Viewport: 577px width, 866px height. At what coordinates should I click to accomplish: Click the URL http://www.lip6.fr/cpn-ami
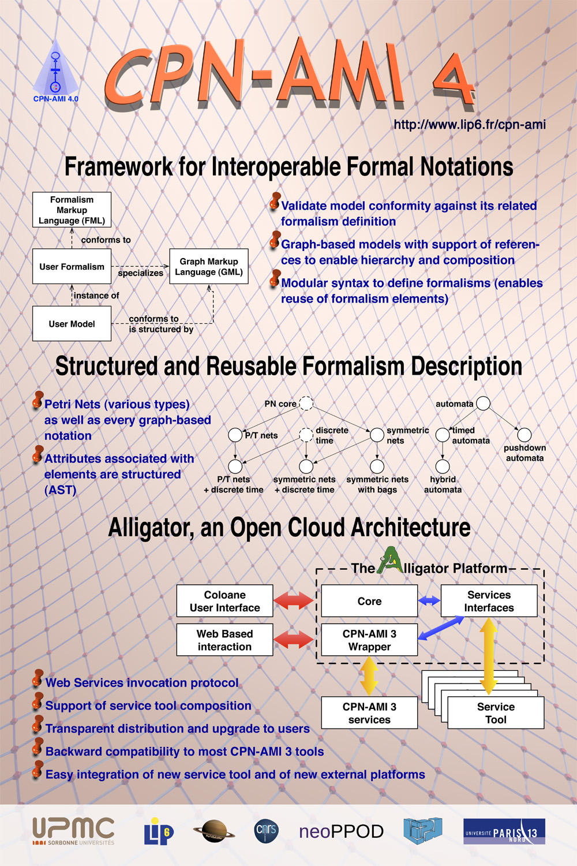pyautogui.click(x=470, y=125)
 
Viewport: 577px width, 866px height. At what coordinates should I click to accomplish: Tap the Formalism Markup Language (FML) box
pyautogui.click(x=72, y=210)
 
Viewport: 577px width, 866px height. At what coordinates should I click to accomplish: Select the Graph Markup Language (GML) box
pyautogui.click(x=209, y=267)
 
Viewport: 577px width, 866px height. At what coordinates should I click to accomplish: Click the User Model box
pyautogui.click(x=72, y=324)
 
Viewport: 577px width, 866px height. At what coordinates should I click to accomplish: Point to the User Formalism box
pyautogui.click(x=72, y=267)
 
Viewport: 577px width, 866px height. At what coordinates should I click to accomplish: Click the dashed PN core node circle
pyautogui.click(x=306, y=403)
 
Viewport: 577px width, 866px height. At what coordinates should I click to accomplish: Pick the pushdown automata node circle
pyautogui.click(x=524, y=435)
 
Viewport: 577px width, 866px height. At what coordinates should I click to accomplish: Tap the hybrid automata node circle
pyautogui.click(x=443, y=466)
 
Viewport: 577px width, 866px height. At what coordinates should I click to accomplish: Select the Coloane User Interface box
pyautogui.click(x=224, y=601)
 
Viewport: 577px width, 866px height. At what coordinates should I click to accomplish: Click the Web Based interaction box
pyautogui.click(x=224, y=640)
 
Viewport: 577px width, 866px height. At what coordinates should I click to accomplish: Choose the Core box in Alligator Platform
pyautogui.click(x=369, y=601)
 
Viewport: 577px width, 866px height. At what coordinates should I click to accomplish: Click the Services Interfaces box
pyautogui.click(x=489, y=601)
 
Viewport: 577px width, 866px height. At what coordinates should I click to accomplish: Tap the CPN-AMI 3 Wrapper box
pyautogui.click(x=369, y=640)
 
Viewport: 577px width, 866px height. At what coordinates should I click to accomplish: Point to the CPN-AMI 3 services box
pyautogui.click(x=369, y=713)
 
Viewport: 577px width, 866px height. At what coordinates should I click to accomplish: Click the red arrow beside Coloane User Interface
pyautogui.click(x=294, y=601)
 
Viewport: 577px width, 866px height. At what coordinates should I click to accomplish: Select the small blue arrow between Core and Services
pyautogui.click(x=429, y=601)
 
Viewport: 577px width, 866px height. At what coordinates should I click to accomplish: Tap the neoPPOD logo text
pyautogui.click(x=341, y=832)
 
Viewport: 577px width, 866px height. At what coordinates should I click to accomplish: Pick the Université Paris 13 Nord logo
pyautogui.click(x=504, y=831)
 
